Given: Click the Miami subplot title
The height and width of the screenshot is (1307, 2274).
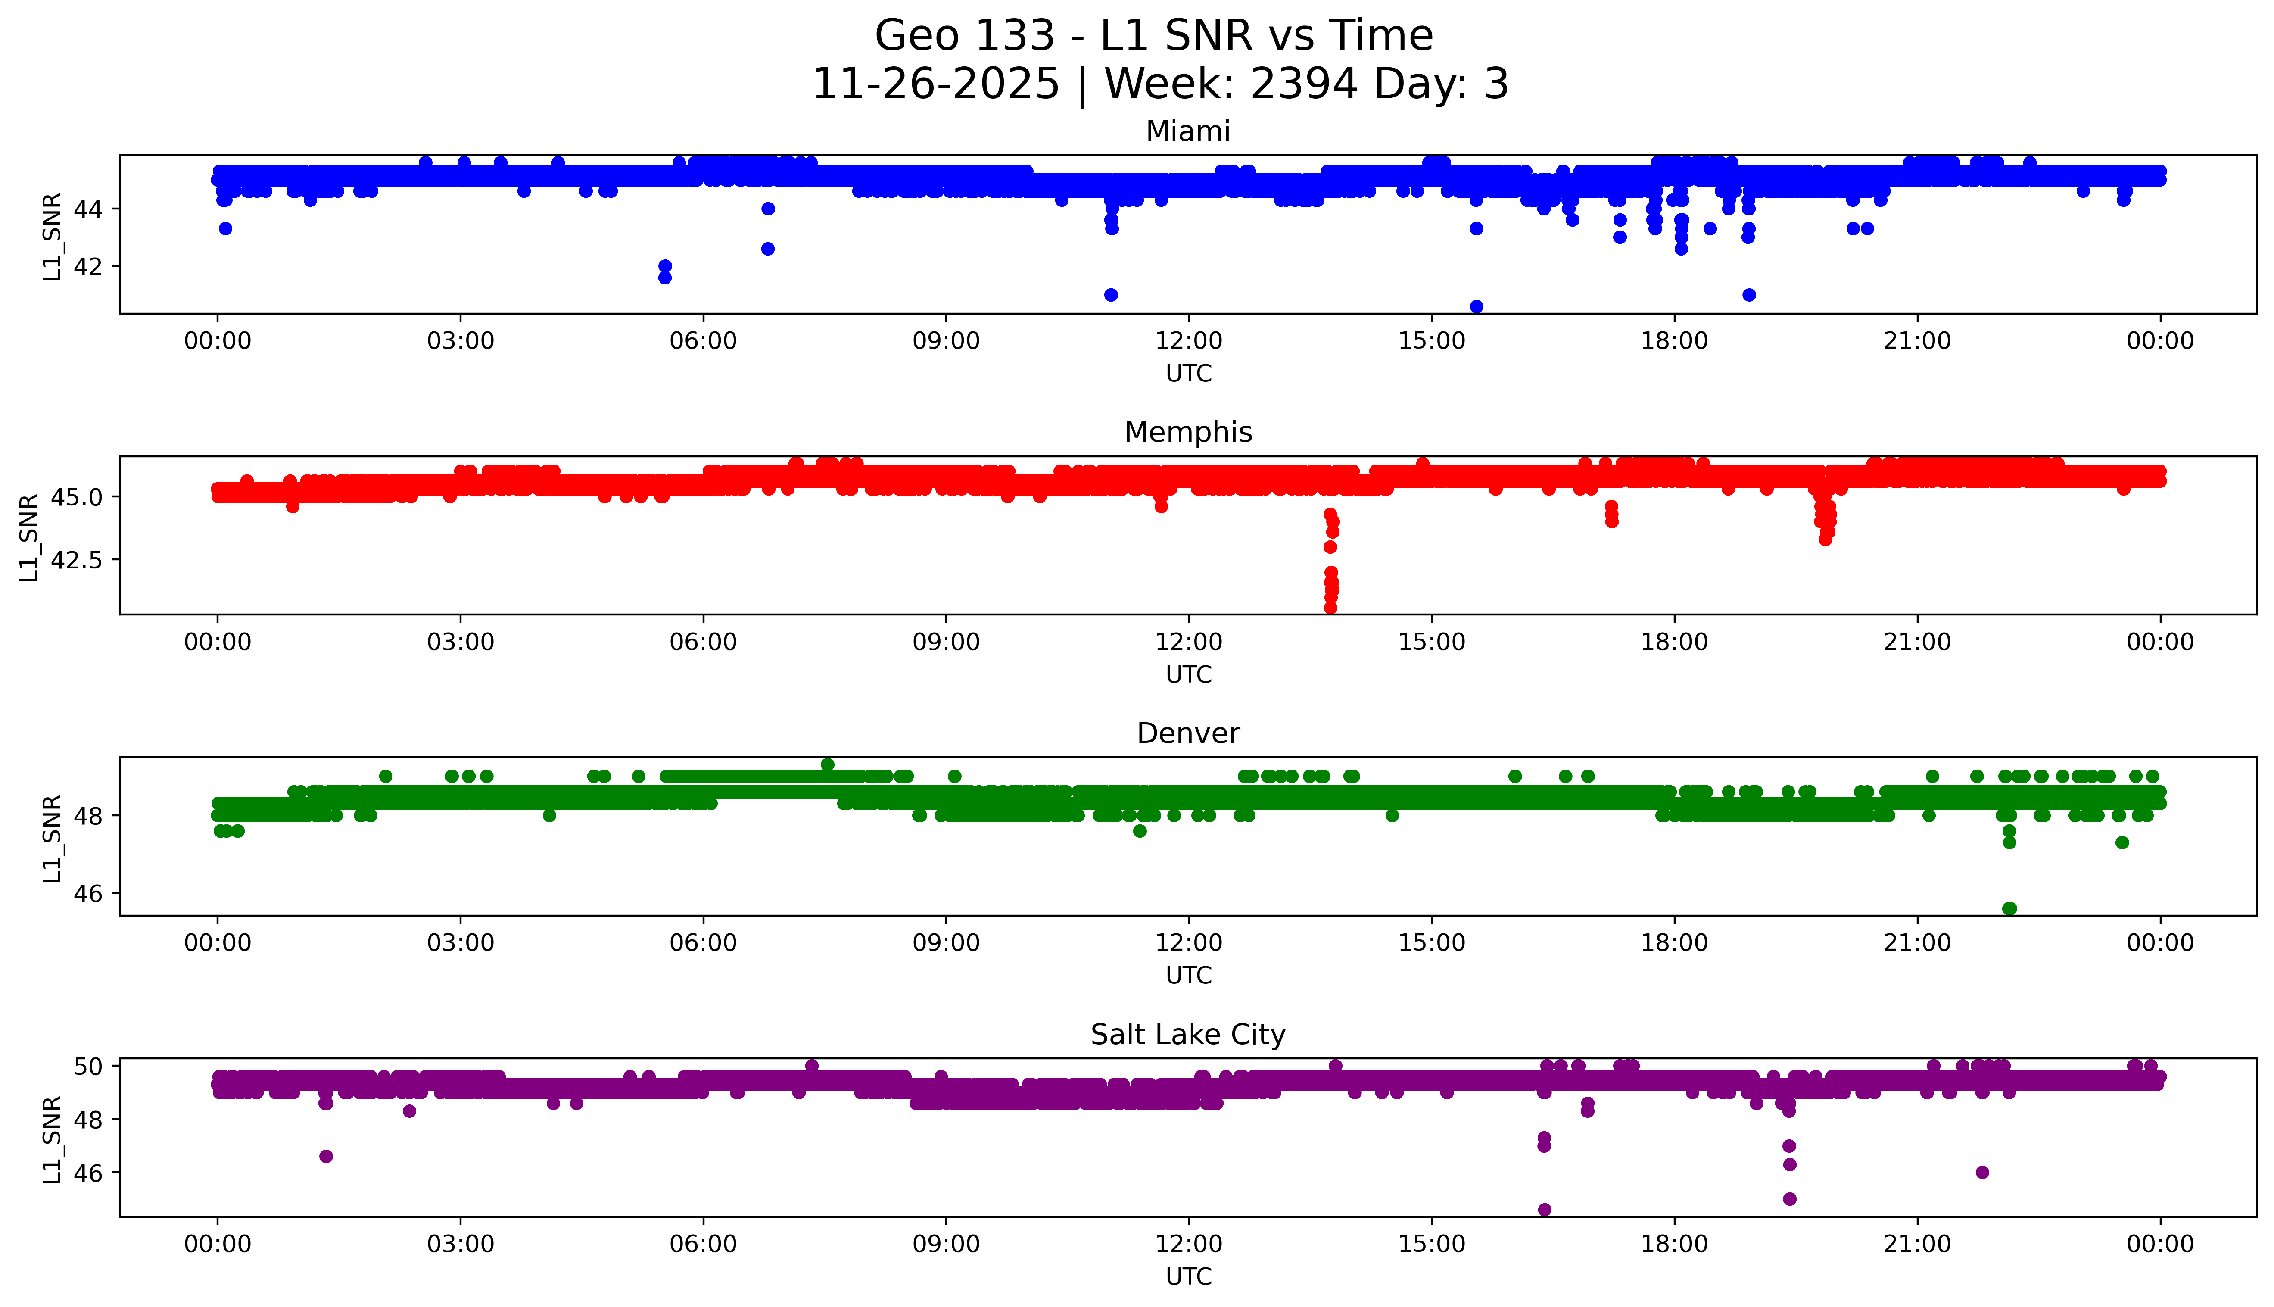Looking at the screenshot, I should coord(1187,132).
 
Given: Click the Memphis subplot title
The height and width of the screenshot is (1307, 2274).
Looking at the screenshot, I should coord(1187,433).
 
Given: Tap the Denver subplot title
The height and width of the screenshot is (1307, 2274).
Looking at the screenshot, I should coord(1187,733).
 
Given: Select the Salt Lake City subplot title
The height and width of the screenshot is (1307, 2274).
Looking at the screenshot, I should coord(1187,1035).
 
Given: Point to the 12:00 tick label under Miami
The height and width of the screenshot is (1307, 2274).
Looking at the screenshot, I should coord(1189,341).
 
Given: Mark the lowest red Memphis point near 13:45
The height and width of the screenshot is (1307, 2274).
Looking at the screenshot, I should coord(1330,608).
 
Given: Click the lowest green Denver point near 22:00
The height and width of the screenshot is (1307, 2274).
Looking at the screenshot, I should coord(2009,908).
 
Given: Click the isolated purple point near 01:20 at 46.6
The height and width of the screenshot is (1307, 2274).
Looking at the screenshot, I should coord(326,1156).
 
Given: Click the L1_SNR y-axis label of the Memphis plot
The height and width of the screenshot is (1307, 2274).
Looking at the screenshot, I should coord(29,537).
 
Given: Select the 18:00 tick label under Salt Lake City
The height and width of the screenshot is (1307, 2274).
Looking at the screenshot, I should coord(1675,1244).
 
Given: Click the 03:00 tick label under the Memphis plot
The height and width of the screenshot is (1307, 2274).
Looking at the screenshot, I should coord(461,642).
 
